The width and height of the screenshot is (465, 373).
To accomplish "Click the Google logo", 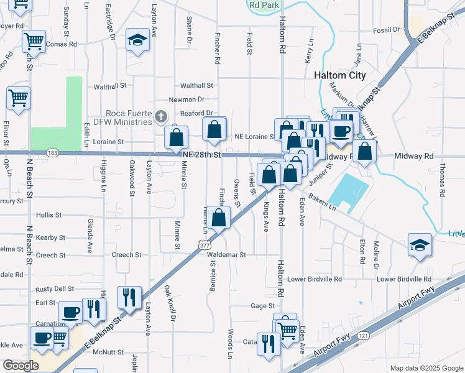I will tap(21, 366).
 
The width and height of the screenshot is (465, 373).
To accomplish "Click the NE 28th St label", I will tap(202, 154).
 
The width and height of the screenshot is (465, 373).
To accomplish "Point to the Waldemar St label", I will tap(226, 255).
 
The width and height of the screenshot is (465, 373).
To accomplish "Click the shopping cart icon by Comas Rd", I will tap(34, 41).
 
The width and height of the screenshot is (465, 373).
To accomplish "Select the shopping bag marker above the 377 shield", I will tap(218, 218).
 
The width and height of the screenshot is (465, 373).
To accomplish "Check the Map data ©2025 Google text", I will tap(426, 368).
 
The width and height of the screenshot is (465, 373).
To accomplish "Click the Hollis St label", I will tap(49, 215).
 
